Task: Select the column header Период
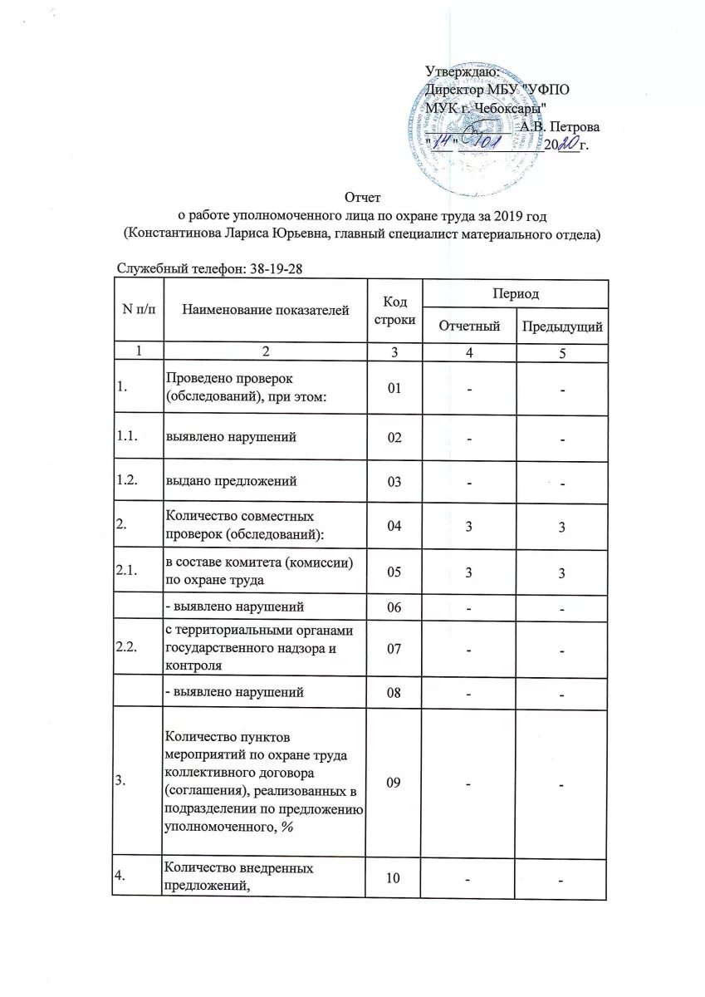click(x=515, y=294)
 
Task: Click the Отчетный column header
click(x=470, y=327)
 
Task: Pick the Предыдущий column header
click(x=561, y=327)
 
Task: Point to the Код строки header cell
click(x=394, y=310)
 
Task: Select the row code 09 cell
click(x=394, y=781)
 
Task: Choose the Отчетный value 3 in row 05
click(x=470, y=572)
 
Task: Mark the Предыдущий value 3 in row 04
click(x=562, y=527)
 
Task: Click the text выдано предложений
click(x=232, y=481)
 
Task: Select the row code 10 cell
click(x=394, y=877)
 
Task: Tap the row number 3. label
click(x=121, y=781)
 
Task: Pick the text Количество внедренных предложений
click(x=239, y=877)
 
